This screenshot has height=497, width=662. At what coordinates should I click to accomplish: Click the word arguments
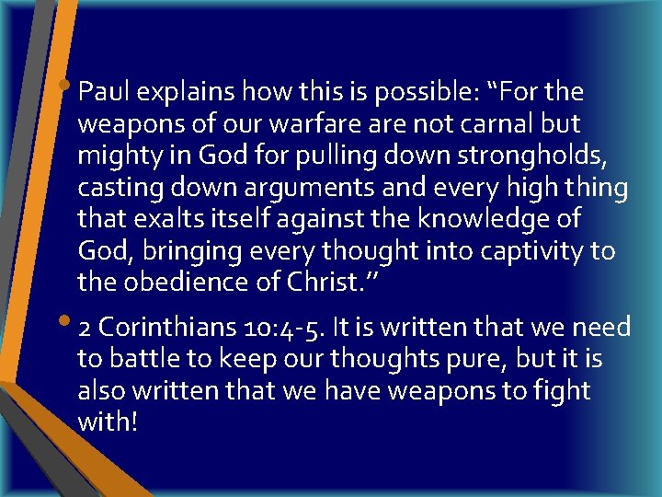(x=332, y=189)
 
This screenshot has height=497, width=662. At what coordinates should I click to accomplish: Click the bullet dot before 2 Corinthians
(x=70, y=323)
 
